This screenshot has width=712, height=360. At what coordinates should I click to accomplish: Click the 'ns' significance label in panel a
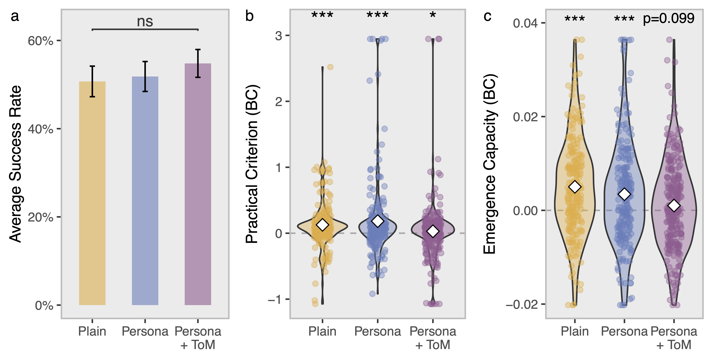point(145,22)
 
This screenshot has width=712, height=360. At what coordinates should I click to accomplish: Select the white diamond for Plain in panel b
point(322,225)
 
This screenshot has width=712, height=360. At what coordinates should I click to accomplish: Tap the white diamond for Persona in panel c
point(624,194)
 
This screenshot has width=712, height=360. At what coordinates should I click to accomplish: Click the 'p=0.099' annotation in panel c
point(668,18)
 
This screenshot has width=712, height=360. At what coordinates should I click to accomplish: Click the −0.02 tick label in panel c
point(522,304)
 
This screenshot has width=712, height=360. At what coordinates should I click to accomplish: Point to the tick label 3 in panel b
point(279,36)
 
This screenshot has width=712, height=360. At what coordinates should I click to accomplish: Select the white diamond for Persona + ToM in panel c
point(674,205)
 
